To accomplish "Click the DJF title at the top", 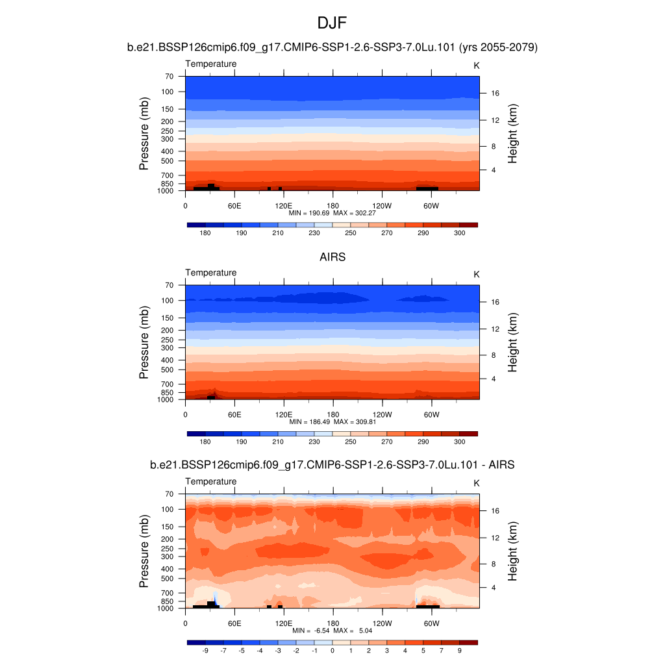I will (332, 24).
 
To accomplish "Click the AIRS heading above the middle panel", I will (332, 257).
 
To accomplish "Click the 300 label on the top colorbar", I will (459, 232).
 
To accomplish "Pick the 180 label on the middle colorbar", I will (205, 442).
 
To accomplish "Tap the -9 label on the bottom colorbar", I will (205, 650).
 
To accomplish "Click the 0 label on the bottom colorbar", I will (332, 650).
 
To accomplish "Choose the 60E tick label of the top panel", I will (234, 206).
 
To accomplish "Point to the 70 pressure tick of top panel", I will (169, 76).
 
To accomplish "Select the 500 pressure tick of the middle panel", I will (168, 370).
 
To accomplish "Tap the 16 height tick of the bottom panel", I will (495, 510).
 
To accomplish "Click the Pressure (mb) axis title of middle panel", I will (144, 342).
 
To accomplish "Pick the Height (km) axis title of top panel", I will (513, 133).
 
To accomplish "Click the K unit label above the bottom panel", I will (476, 483).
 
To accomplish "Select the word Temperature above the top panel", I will (211, 64).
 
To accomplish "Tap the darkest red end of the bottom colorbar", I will (468, 642).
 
